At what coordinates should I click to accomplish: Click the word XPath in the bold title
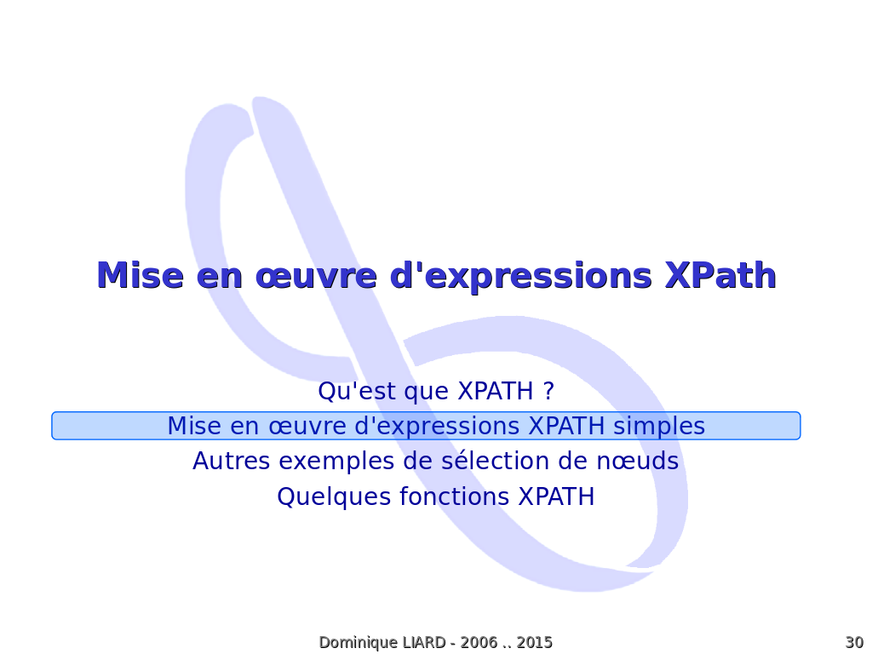point(720,275)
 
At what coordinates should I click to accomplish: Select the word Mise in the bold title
point(141,275)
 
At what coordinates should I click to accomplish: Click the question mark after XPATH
point(549,390)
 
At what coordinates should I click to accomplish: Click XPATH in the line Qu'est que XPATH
point(496,390)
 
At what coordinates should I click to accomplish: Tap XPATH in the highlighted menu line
point(566,426)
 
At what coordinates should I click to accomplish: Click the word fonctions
point(455,496)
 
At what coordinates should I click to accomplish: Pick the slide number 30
point(854,642)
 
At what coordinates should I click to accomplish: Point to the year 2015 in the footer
point(535,642)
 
